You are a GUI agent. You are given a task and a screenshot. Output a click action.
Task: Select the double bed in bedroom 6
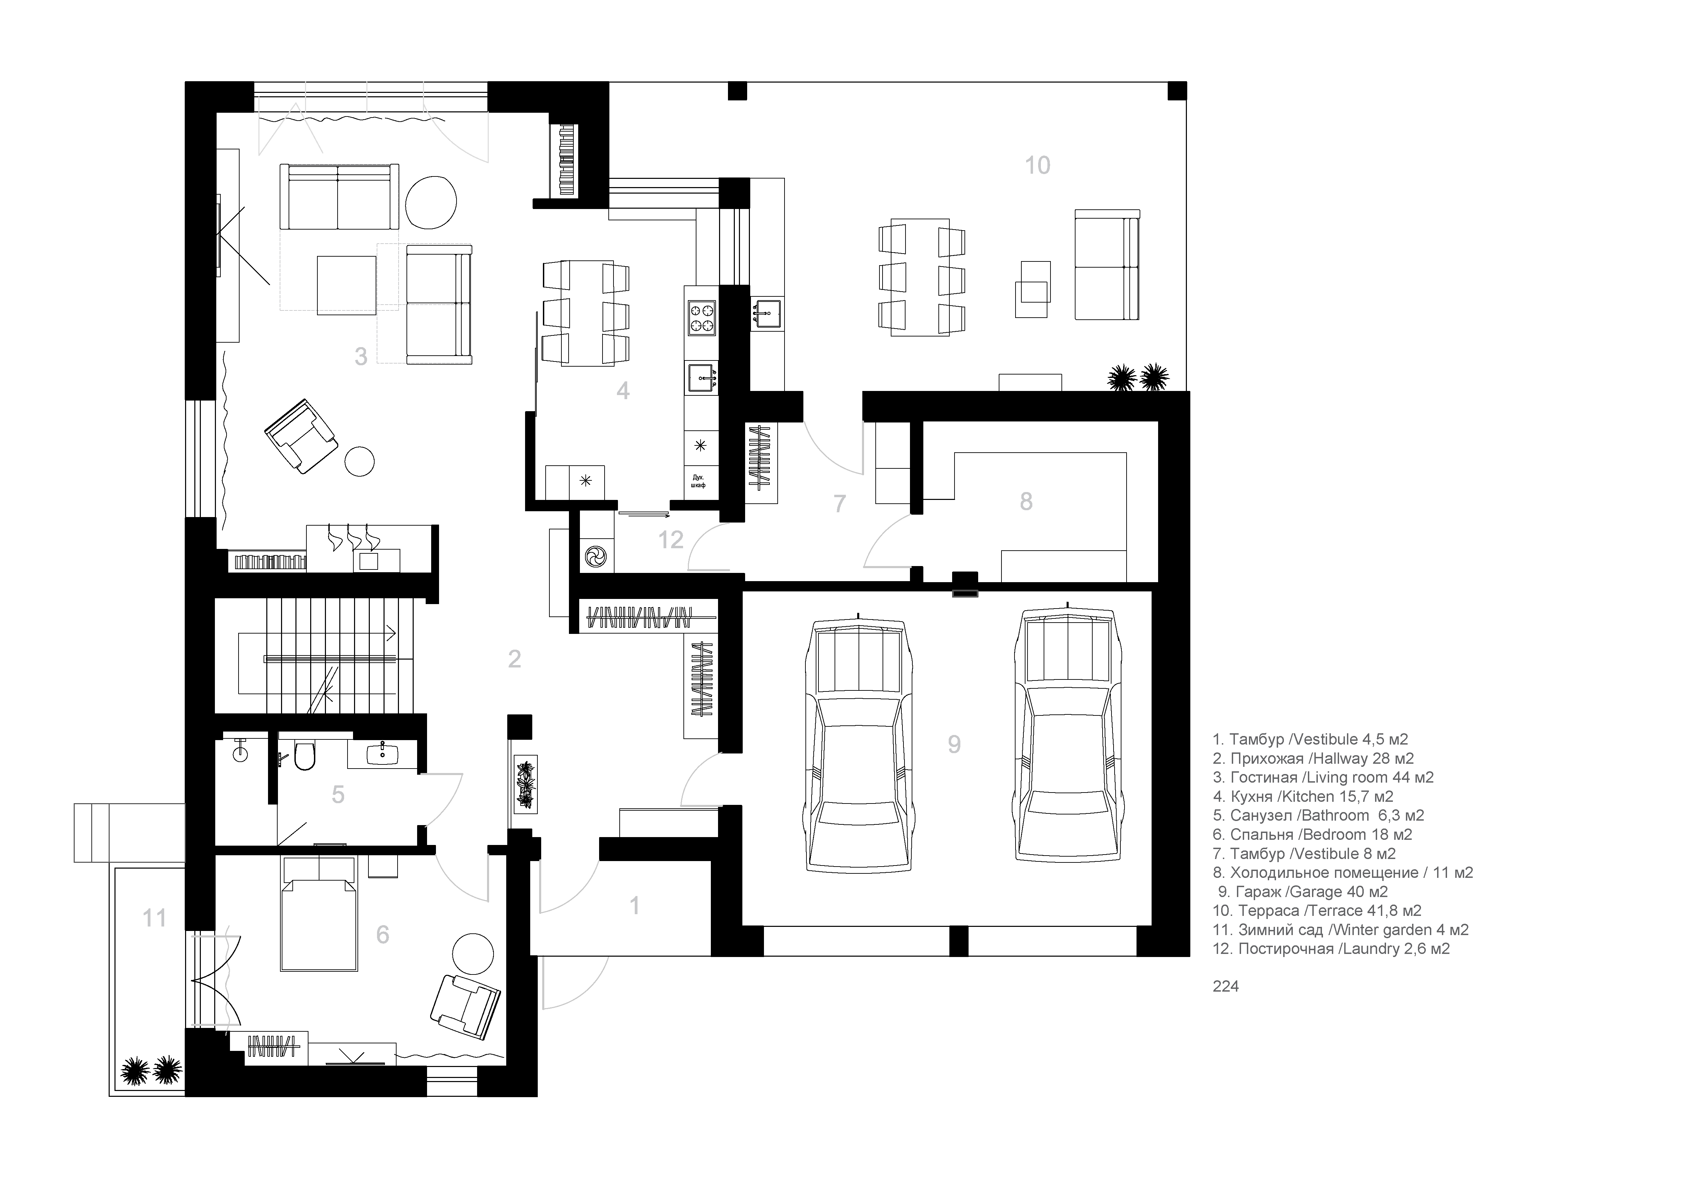tap(318, 913)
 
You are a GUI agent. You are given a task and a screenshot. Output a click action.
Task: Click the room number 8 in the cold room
tap(1026, 501)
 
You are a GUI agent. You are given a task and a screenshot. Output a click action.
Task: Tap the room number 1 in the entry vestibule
tap(634, 905)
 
